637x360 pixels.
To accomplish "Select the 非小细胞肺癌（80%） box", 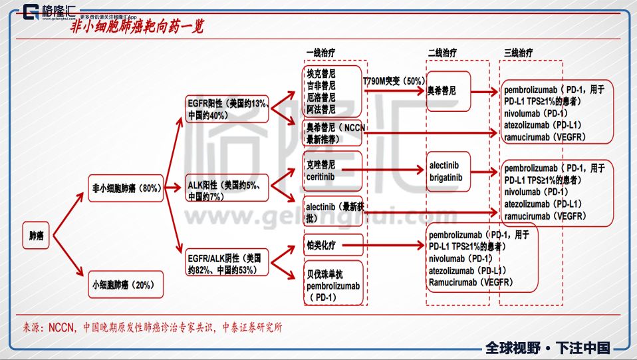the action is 126,188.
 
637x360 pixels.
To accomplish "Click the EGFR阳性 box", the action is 227,108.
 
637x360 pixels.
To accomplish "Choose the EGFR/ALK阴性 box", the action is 227,263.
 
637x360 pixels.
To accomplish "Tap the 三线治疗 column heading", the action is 519,53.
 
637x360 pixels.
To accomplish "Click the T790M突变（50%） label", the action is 394,81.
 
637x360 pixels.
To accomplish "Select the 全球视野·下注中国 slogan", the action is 547,347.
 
